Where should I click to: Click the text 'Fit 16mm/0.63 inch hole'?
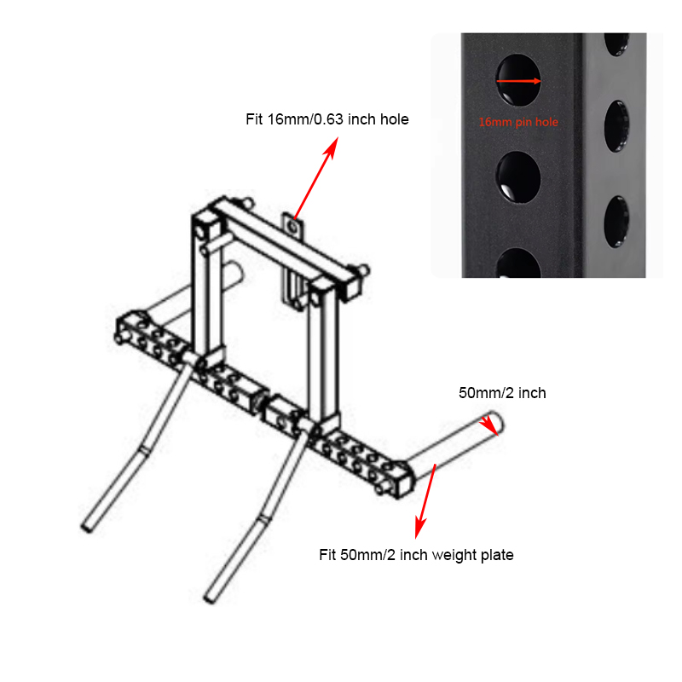pyautogui.click(x=327, y=119)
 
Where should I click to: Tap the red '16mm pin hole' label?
pyautogui.click(x=518, y=122)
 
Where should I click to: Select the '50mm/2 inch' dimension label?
pyautogui.click(x=502, y=393)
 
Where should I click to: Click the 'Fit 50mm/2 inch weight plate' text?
pyautogui.click(x=416, y=555)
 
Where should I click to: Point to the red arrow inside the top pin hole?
pyautogui.click(x=518, y=81)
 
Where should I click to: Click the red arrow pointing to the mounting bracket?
pyautogui.click(x=315, y=178)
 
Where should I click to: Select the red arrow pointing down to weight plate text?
pyautogui.click(x=425, y=501)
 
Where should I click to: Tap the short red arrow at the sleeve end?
pyautogui.click(x=489, y=425)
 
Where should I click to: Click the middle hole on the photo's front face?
pyautogui.click(x=518, y=177)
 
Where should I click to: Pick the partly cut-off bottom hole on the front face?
pyautogui.click(x=518, y=263)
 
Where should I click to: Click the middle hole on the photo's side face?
pyautogui.click(x=616, y=126)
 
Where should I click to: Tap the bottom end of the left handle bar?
pyautogui.click(x=87, y=527)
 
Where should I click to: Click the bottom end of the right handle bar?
pyautogui.click(x=210, y=599)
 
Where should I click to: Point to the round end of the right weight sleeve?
pyautogui.click(x=496, y=422)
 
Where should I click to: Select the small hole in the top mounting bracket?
pyautogui.click(x=293, y=228)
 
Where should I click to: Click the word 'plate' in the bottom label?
pyautogui.click(x=497, y=556)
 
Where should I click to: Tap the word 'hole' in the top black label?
pyautogui.click(x=395, y=119)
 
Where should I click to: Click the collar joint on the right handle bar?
pyautogui.click(x=263, y=518)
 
